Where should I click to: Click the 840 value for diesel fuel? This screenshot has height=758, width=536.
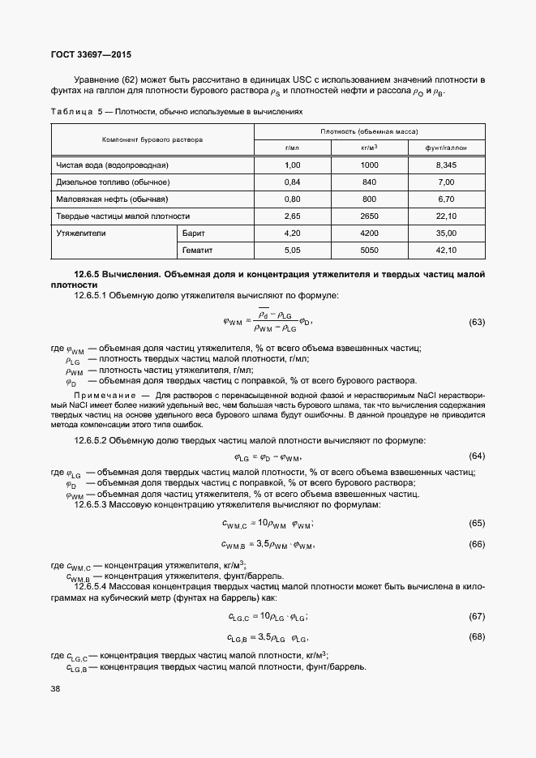tap(369, 182)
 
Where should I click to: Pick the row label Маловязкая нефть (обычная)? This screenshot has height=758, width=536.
tap(112, 199)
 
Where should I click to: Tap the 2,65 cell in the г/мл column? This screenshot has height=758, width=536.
tap(293, 216)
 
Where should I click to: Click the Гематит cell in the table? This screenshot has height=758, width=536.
tap(198, 251)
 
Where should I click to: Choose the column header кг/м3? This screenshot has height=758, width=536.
tap(369, 148)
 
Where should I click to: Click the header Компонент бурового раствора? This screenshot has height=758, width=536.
tap(152, 139)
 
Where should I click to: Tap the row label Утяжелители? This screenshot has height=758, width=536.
tap(80, 233)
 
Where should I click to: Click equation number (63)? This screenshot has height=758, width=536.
tap(477, 323)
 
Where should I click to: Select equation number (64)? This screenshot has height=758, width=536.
tap(477, 456)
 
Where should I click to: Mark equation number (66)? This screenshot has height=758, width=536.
tap(477, 543)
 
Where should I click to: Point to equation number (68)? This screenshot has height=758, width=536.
tap(477, 636)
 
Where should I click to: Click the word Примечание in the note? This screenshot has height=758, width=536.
tap(99, 395)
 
